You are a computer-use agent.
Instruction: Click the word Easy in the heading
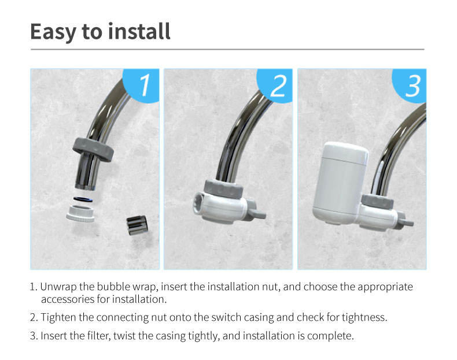[x=53, y=32]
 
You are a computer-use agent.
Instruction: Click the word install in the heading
[x=139, y=31]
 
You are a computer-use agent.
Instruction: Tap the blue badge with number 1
[x=142, y=86]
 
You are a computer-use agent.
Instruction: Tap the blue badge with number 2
[x=275, y=86]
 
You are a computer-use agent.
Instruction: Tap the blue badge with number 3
[x=410, y=86]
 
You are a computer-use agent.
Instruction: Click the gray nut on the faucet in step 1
[x=93, y=149]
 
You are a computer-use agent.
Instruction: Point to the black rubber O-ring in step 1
[x=83, y=199]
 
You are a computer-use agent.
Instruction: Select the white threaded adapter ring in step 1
[x=80, y=214]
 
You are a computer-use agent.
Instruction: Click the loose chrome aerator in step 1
[x=137, y=225]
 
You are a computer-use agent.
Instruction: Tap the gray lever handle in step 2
[x=256, y=212]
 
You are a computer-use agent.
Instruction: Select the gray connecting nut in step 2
[x=224, y=188]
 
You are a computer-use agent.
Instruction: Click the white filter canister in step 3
[x=339, y=184]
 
